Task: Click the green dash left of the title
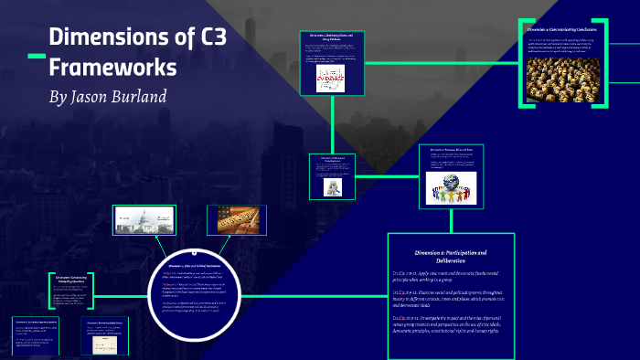(x=36, y=57)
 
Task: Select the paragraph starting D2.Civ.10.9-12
(x=450, y=323)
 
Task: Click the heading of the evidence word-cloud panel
(x=332, y=37)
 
